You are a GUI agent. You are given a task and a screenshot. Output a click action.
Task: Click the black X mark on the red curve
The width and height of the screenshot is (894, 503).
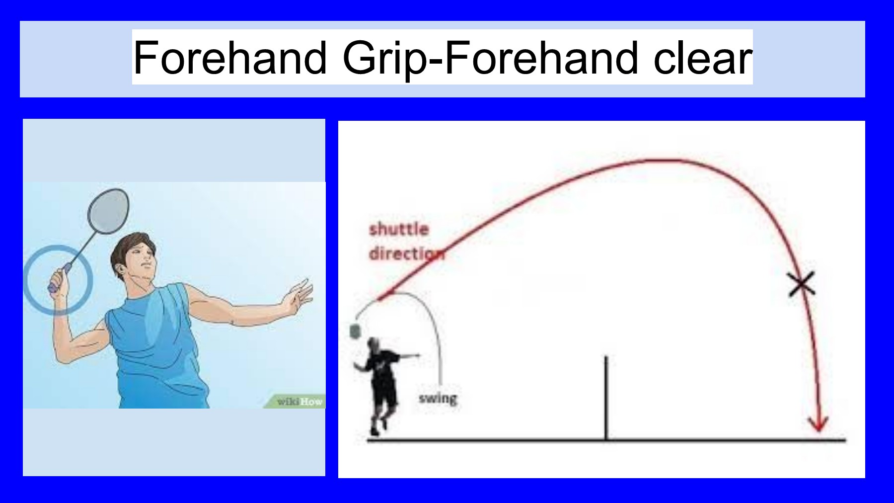(x=802, y=284)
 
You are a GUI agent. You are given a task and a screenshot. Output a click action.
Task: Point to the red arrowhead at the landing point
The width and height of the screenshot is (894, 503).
(x=818, y=423)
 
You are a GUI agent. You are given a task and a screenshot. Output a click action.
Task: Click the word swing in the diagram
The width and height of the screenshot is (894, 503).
(x=438, y=399)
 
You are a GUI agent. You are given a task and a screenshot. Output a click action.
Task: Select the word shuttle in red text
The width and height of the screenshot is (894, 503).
(x=399, y=229)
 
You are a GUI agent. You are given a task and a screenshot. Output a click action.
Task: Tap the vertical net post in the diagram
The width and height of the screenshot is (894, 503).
(x=606, y=398)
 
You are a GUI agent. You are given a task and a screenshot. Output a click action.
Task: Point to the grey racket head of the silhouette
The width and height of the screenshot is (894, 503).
(x=355, y=331)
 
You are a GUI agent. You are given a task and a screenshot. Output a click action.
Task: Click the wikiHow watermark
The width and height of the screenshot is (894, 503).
(x=299, y=401)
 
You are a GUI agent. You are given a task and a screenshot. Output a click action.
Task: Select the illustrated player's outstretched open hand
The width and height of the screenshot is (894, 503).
(x=298, y=295)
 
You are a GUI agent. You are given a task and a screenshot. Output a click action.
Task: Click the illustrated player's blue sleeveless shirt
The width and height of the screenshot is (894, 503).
(x=154, y=348)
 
